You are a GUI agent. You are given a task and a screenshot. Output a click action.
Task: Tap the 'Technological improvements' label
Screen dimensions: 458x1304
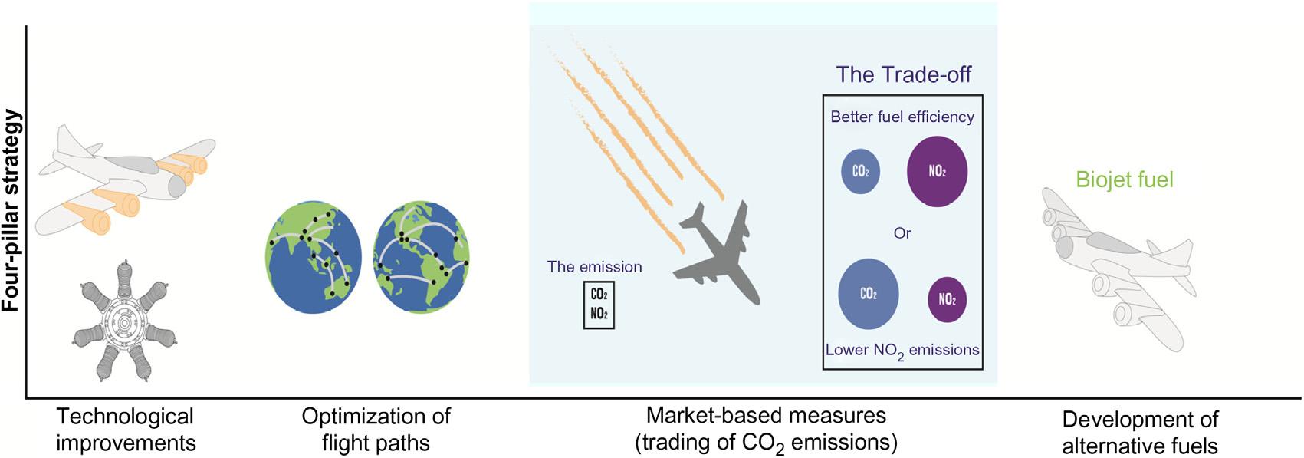pos(126,430)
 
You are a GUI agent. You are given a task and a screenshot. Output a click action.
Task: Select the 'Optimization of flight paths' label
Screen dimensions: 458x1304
pos(376,430)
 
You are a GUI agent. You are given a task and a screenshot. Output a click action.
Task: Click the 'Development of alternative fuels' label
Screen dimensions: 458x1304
pos(1140,433)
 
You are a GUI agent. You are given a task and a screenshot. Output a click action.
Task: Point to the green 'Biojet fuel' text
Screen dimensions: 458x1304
pos(1125,180)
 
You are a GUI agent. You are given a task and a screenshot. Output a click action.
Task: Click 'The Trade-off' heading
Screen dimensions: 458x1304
pos(903,74)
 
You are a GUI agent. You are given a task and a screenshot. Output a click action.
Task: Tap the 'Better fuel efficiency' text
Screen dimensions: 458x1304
pos(902,117)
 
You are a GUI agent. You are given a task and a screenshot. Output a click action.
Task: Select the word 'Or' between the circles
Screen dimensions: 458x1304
pos(902,233)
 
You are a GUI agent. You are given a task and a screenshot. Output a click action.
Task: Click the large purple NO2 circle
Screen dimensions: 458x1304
pos(937,171)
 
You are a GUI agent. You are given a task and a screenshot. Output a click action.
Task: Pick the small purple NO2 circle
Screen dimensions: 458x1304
pos(947,299)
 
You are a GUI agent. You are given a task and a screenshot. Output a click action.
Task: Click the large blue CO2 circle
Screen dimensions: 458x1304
pos(868,294)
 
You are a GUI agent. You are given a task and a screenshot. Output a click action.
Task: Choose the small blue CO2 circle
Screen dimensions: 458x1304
pos(861,171)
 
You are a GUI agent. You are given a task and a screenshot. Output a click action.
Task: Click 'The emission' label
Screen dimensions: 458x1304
pos(594,267)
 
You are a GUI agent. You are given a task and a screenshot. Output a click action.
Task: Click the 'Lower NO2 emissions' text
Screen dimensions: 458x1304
pos(902,351)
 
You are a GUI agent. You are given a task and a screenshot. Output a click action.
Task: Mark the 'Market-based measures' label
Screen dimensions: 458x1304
pos(766,416)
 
